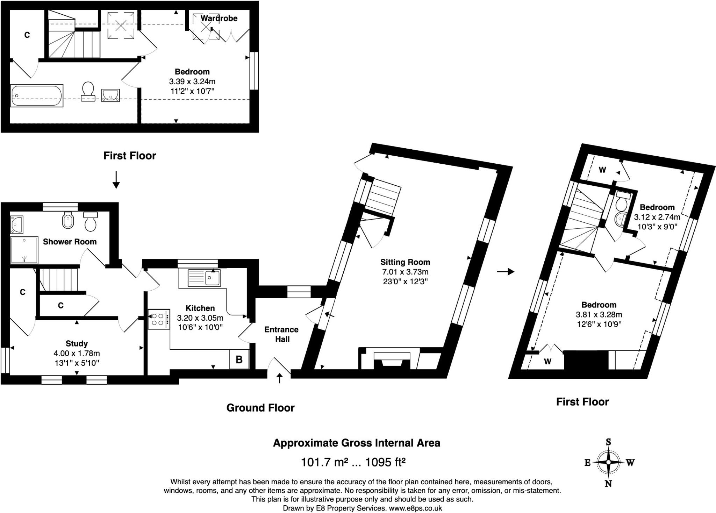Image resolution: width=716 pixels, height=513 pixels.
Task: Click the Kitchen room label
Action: pos(200,308)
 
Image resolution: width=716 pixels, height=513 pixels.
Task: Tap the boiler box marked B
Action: pos(239,359)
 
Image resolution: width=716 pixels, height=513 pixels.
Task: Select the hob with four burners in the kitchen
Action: pos(159,319)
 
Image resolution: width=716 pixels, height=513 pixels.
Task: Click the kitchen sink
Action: pos(205,278)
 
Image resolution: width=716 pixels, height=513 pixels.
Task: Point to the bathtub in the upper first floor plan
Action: pos(37,95)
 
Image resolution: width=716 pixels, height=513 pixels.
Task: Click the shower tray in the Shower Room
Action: pos(24,250)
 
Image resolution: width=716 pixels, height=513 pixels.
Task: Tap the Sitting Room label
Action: pos(405,262)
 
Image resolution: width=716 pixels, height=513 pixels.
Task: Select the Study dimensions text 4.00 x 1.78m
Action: pos(77,353)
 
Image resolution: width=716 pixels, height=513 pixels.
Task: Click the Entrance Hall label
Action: pos(281,334)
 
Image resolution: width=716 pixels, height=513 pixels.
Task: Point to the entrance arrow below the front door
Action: pos(279,378)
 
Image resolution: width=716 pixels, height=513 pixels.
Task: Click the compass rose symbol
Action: pos(608,462)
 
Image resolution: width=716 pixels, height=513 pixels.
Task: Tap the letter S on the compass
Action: pos(608,442)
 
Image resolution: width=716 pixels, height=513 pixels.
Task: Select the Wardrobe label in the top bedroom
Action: pos(219,18)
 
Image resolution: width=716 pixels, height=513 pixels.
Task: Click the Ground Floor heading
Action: pos(260,408)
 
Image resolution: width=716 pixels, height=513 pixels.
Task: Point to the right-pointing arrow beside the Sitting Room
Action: pos(506,271)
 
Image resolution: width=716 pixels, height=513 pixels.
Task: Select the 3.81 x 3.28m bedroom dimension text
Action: pos(599,314)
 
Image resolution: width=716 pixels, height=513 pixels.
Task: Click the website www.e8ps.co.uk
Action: pos(415,508)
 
